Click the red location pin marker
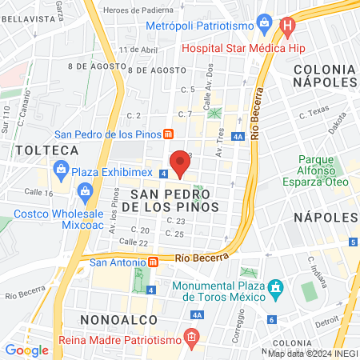point(180,162)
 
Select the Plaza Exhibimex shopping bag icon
point(61,169)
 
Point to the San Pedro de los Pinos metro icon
point(168,134)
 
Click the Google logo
point(26,350)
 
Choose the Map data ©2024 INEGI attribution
point(312,353)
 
